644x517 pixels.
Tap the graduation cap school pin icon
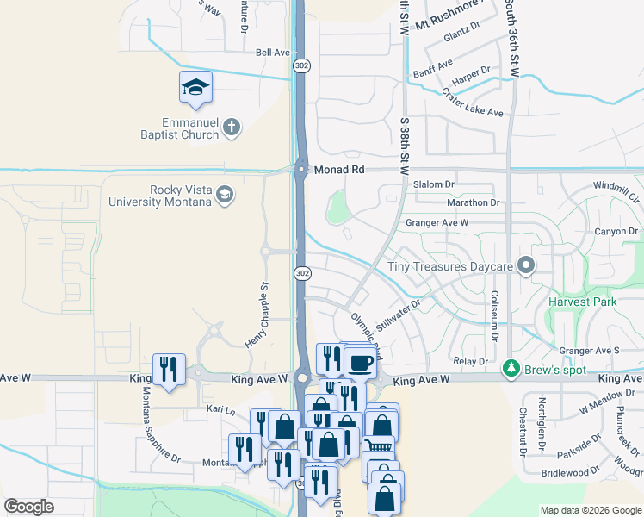[196, 87]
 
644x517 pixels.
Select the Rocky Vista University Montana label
[160, 196]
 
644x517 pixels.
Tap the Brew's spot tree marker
[511, 369]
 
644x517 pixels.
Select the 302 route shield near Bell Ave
[301, 65]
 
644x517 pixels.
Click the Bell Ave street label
[273, 53]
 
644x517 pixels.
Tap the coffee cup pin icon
[362, 362]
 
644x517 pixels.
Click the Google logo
[29, 507]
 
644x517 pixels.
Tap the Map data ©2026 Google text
[590, 510]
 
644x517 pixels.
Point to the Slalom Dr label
[433, 184]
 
